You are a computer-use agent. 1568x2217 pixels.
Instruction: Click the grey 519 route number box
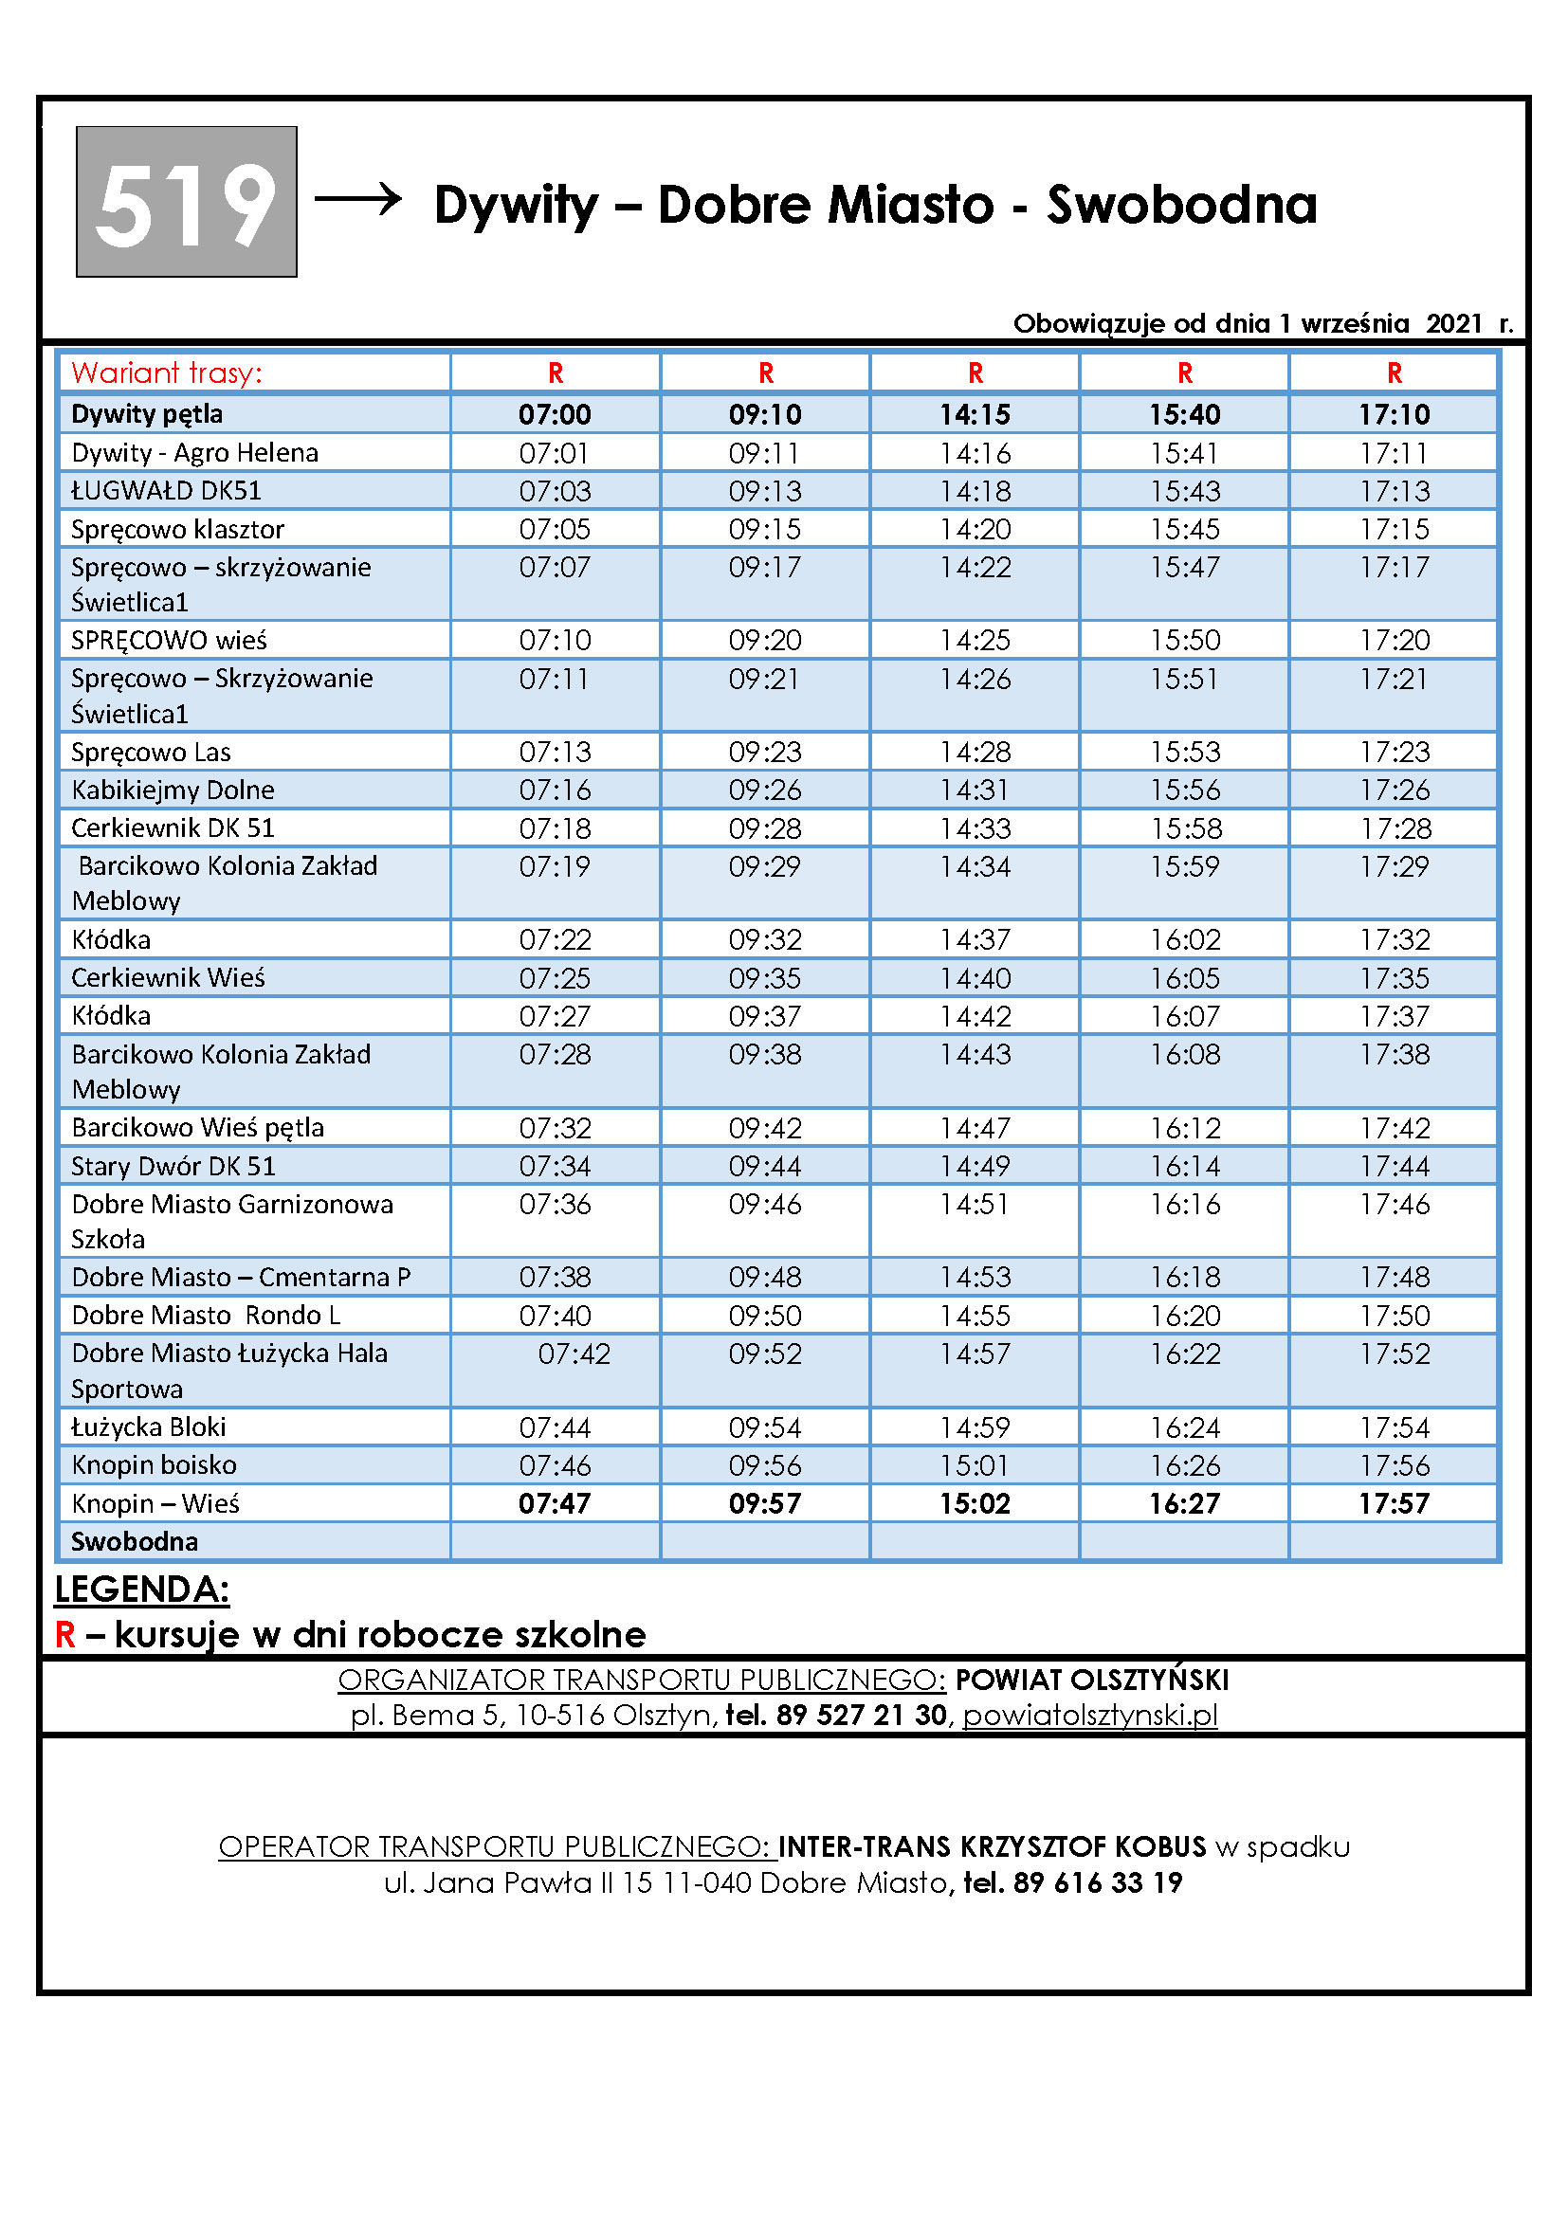point(187,202)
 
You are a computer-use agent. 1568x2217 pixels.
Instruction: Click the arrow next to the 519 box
point(358,199)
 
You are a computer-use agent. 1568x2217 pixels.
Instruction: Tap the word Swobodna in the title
point(1181,205)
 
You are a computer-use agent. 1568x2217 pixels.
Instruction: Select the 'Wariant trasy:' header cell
point(166,373)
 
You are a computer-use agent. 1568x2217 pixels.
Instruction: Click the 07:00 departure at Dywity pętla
point(555,414)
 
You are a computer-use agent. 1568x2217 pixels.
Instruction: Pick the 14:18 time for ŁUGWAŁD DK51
point(975,492)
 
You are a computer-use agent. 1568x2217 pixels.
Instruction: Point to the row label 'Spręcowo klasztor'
point(177,529)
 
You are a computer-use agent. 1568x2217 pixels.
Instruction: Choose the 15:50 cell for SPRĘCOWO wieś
point(1185,640)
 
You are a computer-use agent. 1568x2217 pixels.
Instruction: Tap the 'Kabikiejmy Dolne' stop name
point(173,790)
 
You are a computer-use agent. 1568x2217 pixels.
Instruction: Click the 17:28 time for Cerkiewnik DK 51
point(1395,828)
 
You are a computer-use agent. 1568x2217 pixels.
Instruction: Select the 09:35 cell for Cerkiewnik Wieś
point(765,978)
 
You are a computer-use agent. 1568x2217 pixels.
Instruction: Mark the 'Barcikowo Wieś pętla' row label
point(198,1128)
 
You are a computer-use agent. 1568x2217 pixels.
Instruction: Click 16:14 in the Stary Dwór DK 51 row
point(1185,1167)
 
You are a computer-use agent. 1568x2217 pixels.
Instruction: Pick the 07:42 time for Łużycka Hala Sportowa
point(574,1354)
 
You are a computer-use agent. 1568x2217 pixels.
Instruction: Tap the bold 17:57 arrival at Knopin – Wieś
point(1395,1503)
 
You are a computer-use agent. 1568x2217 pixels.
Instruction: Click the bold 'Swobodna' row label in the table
point(135,1541)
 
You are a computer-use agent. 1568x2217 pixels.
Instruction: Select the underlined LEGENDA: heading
point(142,1590)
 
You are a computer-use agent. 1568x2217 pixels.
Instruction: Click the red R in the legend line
point(64,1635)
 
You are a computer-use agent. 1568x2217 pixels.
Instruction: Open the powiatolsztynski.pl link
point(1089,1715)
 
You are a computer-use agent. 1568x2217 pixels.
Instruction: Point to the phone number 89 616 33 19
point(1097,1883)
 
